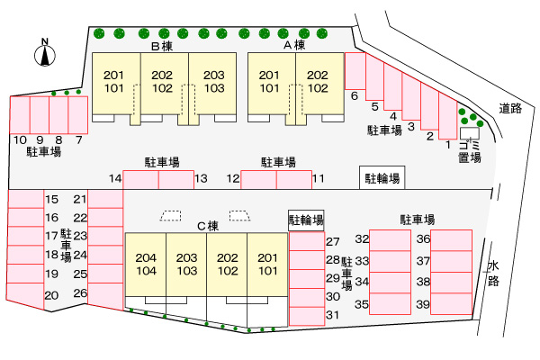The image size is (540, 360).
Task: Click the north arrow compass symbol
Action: pos(43,53)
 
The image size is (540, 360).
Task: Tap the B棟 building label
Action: pos(162,44)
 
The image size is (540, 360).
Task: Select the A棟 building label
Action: pos(295,44)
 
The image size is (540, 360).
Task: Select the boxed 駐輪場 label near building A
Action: pos(382,178)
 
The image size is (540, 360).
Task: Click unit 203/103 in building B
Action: pos(213,82)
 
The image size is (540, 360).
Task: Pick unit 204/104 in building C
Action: pos(147,264)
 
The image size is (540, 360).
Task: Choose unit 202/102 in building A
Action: pos(318,82)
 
